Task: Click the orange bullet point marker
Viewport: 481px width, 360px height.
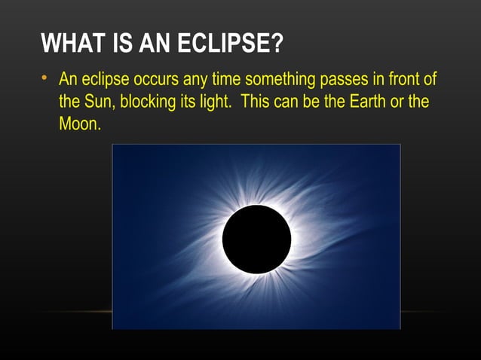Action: point(45,80)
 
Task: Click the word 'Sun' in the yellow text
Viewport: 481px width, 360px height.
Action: point(96,102)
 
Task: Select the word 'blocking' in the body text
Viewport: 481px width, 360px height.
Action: point(143,102)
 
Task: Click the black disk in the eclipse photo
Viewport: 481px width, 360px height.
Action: point(256,239)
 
